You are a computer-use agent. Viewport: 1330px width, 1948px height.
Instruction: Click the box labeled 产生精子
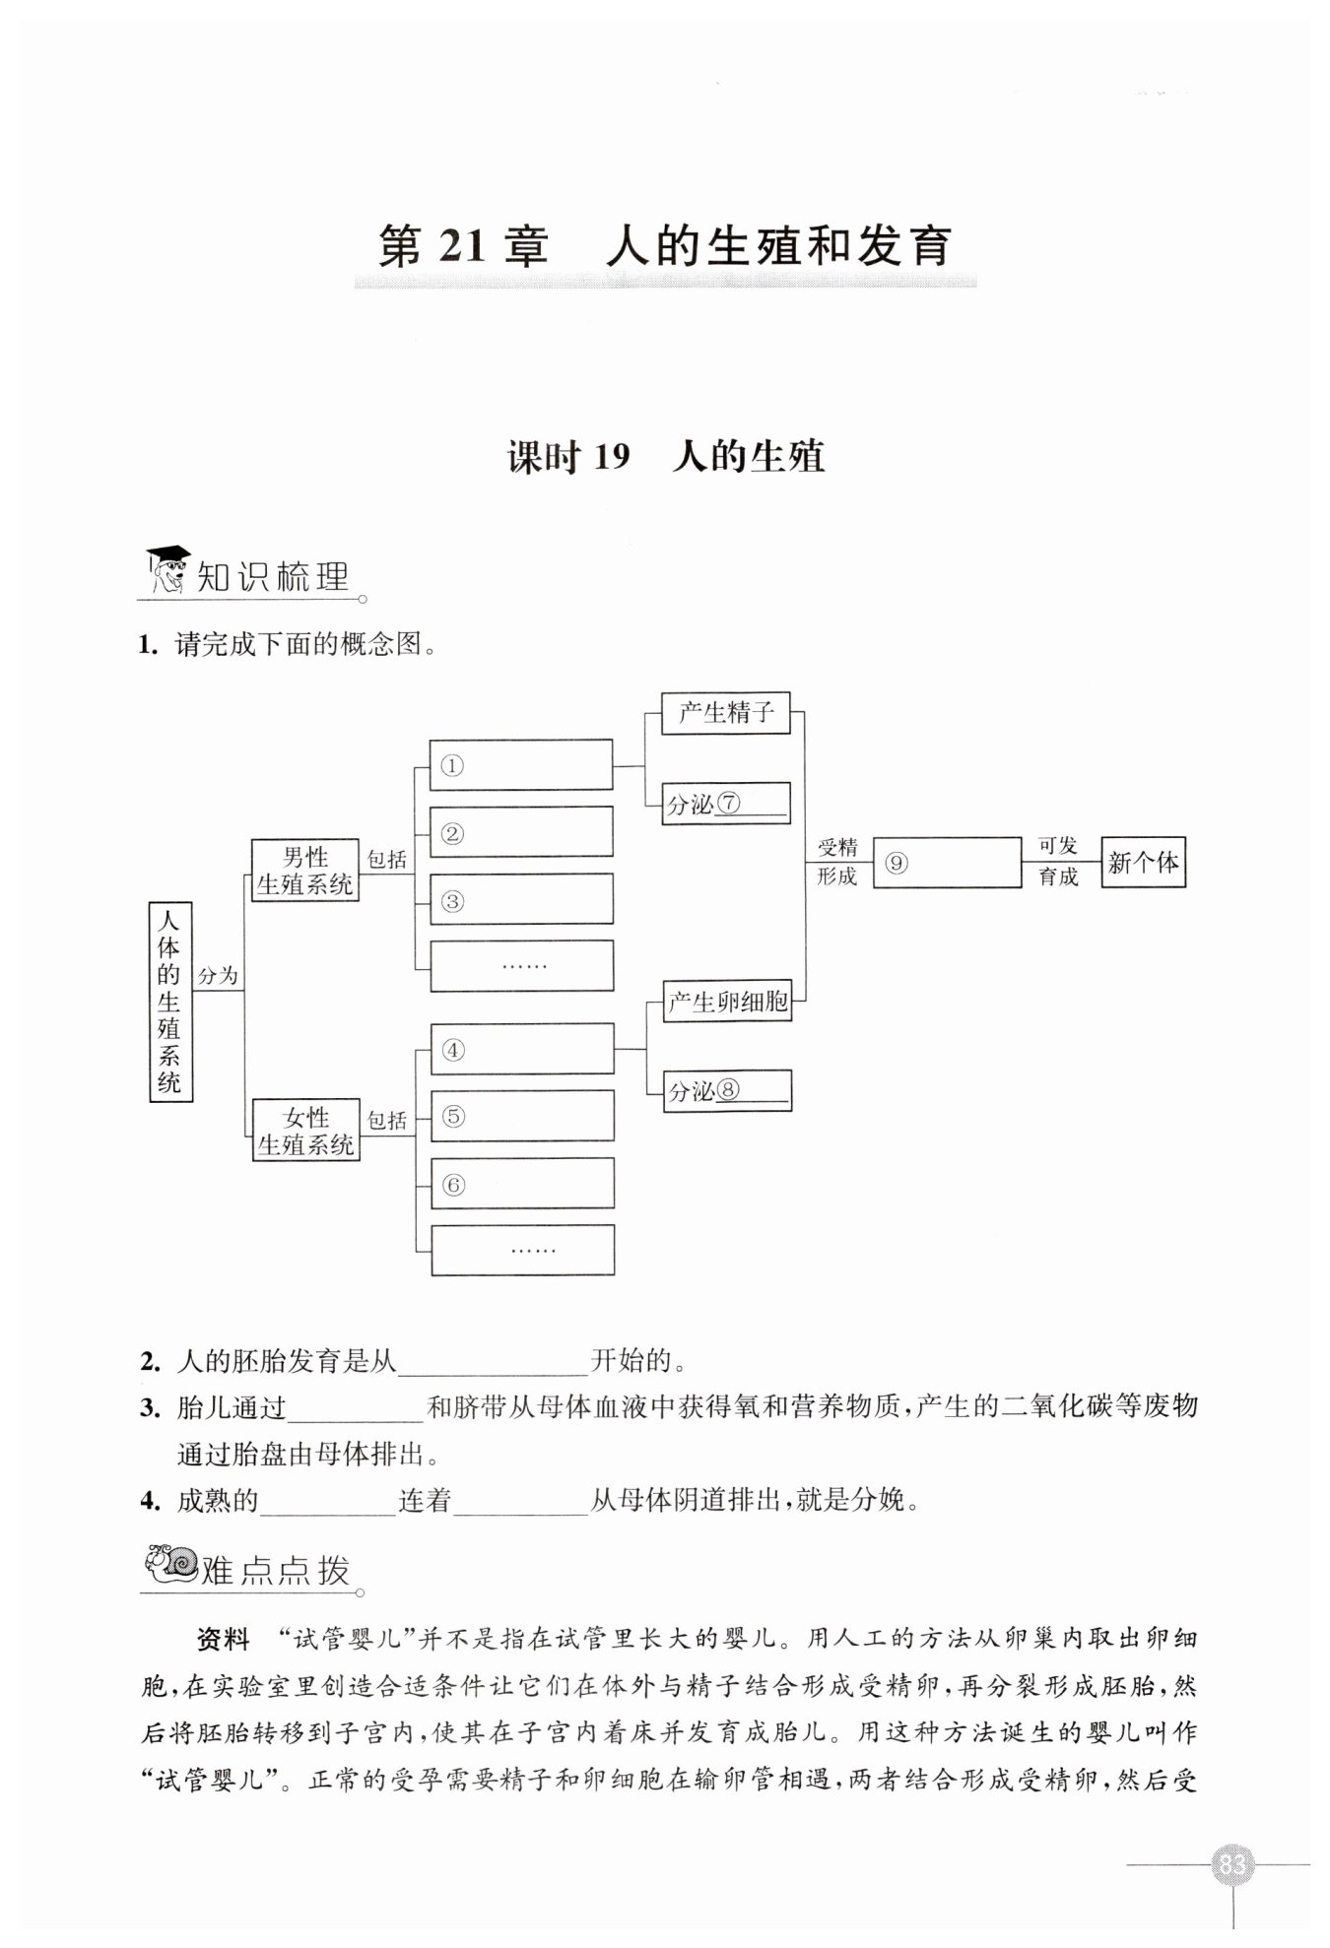pyautogui.click(x=726, y=712)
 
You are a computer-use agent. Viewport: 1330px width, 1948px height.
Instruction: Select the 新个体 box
pyautogui.click(x=1143, y=863)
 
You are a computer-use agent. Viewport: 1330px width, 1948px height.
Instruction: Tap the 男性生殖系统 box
pyautogui.click(x=304, y=871)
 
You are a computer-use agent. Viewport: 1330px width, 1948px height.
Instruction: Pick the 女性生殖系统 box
pyautogui.click(x=305, y=1131)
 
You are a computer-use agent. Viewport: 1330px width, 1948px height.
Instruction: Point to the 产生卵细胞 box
pyautogui.click(x=727, y=1003)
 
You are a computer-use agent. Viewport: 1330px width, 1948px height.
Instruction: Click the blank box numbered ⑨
pyautogui.click(x=947, y=863)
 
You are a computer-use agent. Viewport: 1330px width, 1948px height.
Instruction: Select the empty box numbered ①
pyautogui.click(x=521, y=765)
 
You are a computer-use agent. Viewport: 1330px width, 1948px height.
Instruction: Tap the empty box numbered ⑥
pyautogui.click(x=522, y=1184)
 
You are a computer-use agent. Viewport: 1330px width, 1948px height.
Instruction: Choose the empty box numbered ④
pyautogui.click(x=522, y=1049)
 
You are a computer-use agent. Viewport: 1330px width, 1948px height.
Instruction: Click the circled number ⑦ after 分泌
pyautogui.click(x=729, y=804)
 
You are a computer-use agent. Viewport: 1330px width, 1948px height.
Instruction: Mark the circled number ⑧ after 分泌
pyautogui.click(x=729, y=1090)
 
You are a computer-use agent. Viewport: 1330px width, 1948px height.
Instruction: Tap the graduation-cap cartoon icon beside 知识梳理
pyautogui.click(x=168, y=570)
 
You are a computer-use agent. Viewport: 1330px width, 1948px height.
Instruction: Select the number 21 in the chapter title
pyautogui.click(x=461, y=247)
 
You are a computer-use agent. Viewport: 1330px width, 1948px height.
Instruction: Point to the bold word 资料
pyautogui.click(x=225, y=1640)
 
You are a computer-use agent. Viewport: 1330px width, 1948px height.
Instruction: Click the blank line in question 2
pyautogui.click(x=493, y=1363)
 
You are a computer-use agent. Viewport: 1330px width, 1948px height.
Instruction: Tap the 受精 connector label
pyautogui.click(x=837, y=847)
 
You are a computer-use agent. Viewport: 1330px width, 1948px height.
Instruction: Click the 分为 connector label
pyautogui.click(x=218, y=976)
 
